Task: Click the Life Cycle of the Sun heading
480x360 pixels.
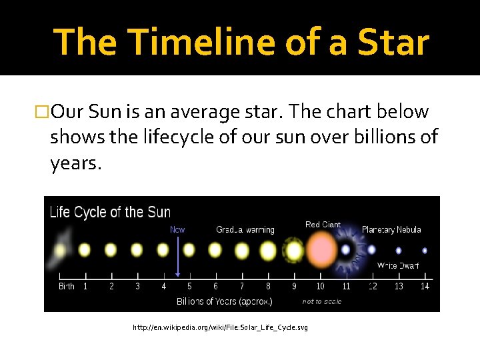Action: pyautogui.click(x=110, y=213)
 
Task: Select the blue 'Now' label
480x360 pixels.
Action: pyautogui.click(x=177, y=229)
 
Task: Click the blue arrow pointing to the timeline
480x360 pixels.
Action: pyautogui.click(x=177, y=257)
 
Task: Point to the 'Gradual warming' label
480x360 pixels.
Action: pyautogui.click(x=245, y=230)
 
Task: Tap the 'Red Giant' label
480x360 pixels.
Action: pyautogui.click(x=323, y=225)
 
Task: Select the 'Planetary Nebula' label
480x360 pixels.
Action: pyautogui.click(x=391, y=230)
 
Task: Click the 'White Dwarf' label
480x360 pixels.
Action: pyautogui.click(x=398, y=265)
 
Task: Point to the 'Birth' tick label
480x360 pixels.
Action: pyautogui.click(x=67, y=287)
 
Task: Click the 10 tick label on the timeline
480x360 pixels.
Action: pyautogui.click(x=321, y=287)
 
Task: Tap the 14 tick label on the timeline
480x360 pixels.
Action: pyautogui.click(x=425, y=287)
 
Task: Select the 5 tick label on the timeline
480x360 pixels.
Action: pyautogui.click(x=190, y=287)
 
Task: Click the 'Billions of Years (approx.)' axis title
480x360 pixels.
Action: pyautogui.click(x=224, y=301)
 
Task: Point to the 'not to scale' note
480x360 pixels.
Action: pyautogui.click(x=322, y=301)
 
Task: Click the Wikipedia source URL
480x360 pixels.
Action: pyautogui.click(x=220, y=327)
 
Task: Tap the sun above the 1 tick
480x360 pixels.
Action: pyautogui.click(x=85, y=251)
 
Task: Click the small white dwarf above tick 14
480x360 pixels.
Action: pyautogui.click(x=425, y=251)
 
